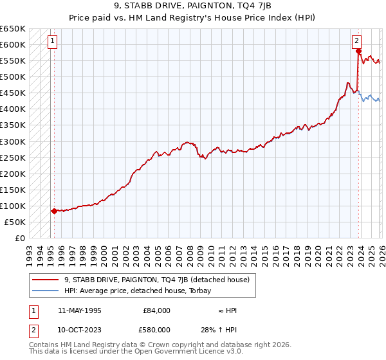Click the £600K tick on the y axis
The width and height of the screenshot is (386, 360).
click(13, 44)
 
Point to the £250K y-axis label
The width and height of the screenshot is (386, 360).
click(13, 157)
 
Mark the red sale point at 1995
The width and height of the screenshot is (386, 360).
click(53, 211)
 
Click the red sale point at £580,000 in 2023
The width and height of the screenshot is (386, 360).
click(358, 51)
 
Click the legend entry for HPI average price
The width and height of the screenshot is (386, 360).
click(142, 291)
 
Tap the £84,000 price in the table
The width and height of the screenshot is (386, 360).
click(156, 310)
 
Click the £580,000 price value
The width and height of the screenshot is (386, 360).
click(156, 329)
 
